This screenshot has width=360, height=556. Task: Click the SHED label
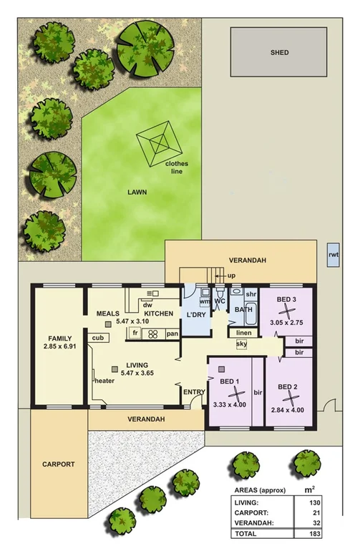tap(279, 53)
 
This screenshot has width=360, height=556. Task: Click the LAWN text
tap(137, 192)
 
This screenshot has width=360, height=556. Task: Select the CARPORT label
tap(58, 464)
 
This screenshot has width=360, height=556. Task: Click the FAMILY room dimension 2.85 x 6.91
tap(58, 347)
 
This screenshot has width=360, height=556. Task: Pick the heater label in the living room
tap(104, 381)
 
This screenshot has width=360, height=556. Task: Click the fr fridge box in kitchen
tap(135, 333)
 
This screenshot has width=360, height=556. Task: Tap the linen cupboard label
tap(244, 333)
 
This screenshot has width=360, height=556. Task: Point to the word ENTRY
tap(193, 391)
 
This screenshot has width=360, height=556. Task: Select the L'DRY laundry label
tap(196, 315)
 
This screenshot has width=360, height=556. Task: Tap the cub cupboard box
tap(96, 338)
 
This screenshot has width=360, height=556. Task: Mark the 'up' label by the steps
tap(231, 275)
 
